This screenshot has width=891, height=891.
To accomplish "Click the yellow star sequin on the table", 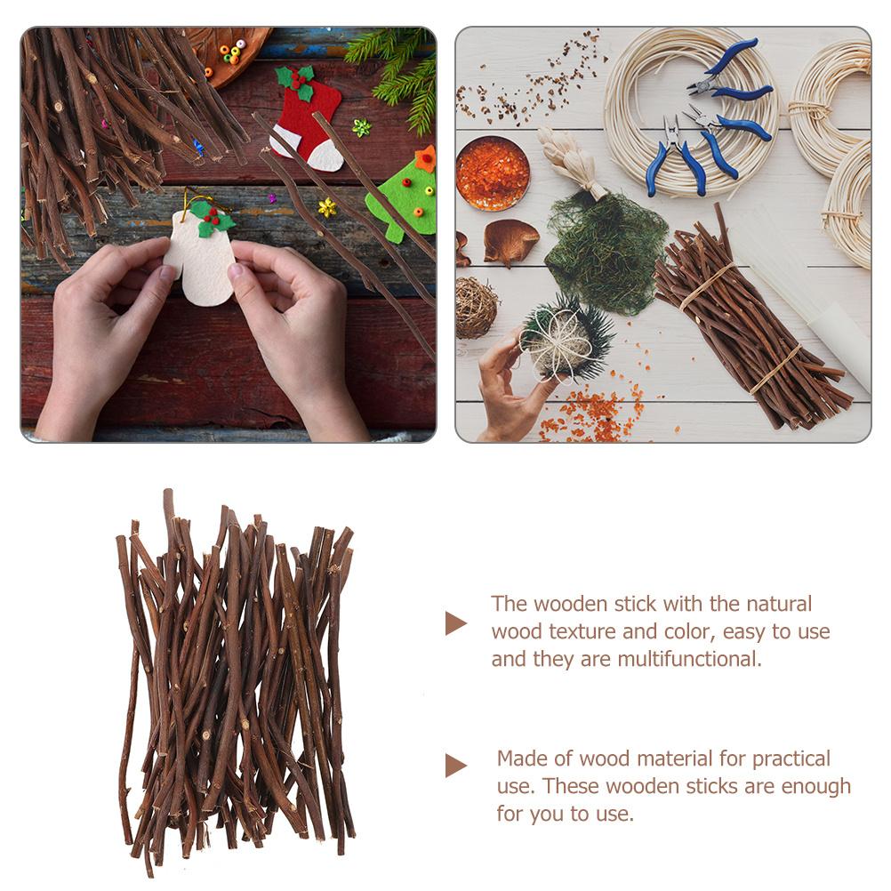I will [x=328, y=207].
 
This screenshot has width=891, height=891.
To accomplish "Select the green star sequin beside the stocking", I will [x=360, y=127].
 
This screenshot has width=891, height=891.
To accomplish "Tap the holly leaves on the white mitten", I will [x=206, y=217].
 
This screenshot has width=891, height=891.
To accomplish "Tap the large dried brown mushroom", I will [x=510, y=240].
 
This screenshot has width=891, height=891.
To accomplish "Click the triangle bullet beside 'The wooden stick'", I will [x=455, y=622].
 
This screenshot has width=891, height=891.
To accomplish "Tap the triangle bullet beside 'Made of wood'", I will [x=455, y=765].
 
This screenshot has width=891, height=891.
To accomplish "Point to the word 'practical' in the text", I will [x=791, y=759].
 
